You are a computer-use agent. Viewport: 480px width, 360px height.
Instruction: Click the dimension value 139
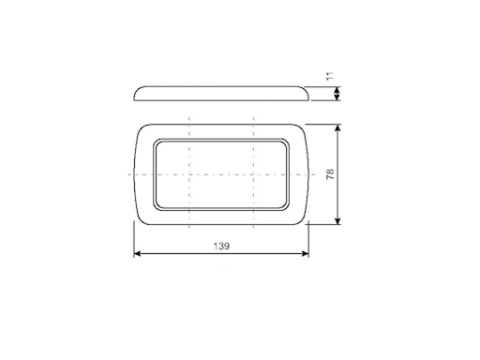(221, 245)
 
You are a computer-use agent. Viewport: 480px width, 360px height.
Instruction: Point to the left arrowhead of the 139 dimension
(137, 254)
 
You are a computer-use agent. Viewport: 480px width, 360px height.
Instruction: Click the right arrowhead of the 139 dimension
(305, 254)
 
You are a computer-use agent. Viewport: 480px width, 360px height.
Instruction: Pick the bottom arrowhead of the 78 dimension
(337, 222)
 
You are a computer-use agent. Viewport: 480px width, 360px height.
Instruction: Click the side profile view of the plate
(221, 93)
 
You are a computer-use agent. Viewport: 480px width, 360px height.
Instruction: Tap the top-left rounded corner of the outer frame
(142, 129)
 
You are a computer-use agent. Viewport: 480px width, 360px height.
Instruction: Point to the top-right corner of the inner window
(288, 142)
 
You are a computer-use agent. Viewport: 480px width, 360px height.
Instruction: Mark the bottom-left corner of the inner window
(156, 206)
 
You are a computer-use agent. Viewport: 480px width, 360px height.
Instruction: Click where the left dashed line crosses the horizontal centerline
(189, 175)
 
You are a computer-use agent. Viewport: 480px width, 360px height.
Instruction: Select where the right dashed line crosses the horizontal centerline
(254, 175)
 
